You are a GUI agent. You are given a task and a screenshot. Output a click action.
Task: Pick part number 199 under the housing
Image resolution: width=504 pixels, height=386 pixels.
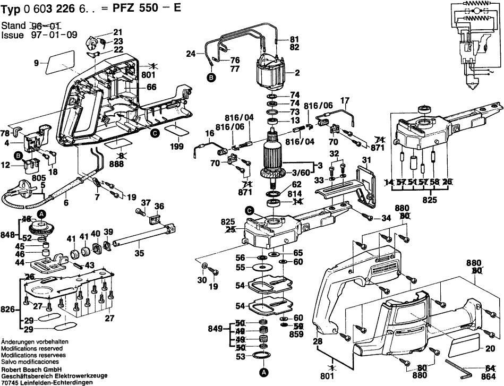pos(177,146)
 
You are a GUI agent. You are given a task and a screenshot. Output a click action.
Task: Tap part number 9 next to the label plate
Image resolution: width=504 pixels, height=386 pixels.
pos(36,63)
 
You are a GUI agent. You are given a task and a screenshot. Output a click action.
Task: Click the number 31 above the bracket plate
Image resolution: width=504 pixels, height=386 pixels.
pos(366,160)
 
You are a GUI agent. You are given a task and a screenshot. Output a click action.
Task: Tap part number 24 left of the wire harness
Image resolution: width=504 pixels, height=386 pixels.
pos(191,53)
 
